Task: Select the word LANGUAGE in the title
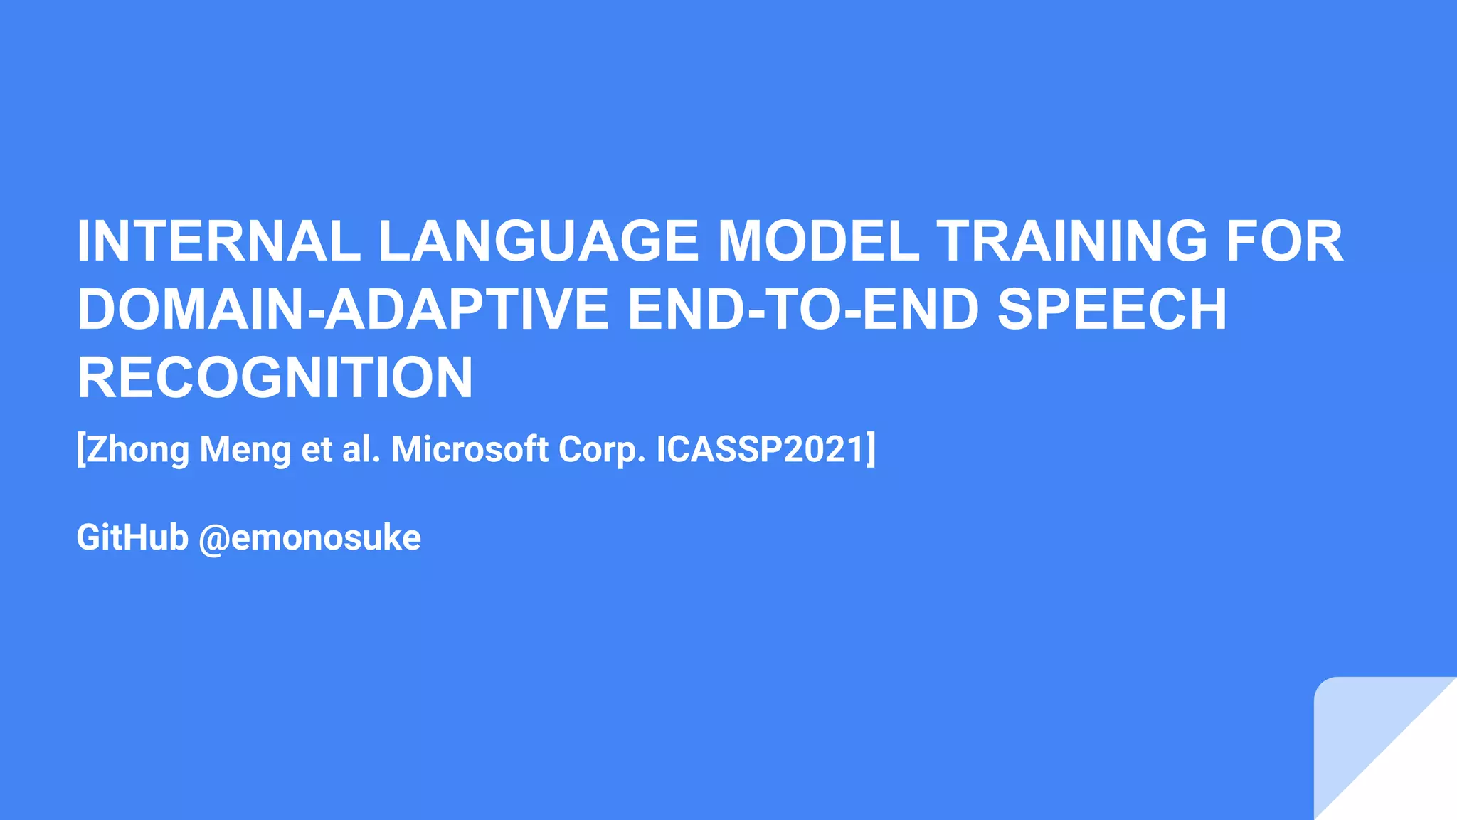(x=539, y=241)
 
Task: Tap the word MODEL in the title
(x=818, y=241)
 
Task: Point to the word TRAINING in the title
(x=1072, y=241)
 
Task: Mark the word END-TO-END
(x=803, y=309)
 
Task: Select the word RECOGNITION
(x=275, y=377)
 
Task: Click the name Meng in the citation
(x=245, y=450)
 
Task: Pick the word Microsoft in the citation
(x=470, y=450)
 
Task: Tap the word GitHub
(x=132, y=537)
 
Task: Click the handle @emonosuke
(x=309, y=537)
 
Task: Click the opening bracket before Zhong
(x=80, y=450)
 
